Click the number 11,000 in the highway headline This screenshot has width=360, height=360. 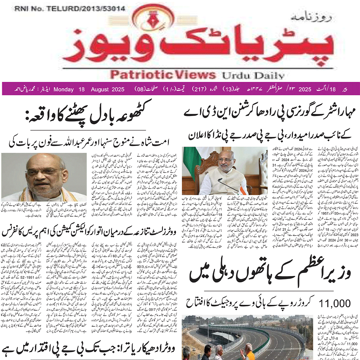tap(334, 304)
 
